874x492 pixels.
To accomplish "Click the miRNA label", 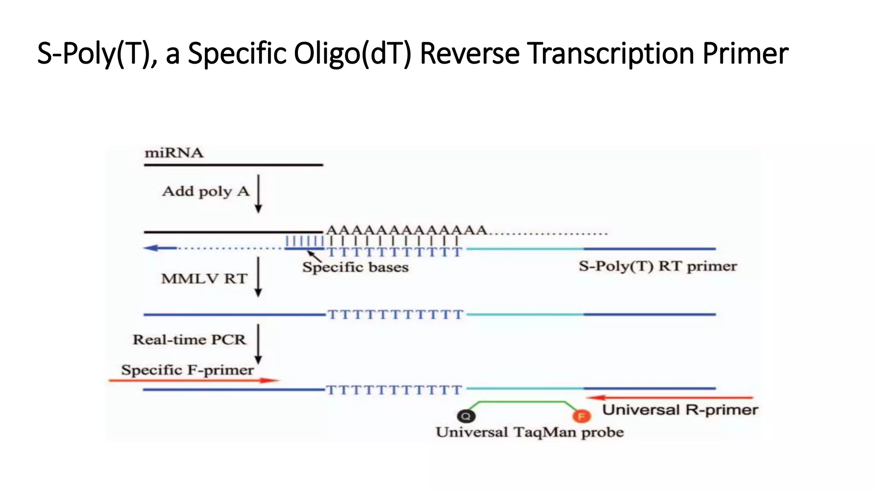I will coord(174,153).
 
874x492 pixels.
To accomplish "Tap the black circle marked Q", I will coord(466,416).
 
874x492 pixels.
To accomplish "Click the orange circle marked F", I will coord(581,416).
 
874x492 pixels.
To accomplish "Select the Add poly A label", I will coord(206,191).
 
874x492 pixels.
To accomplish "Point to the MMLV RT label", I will coord(204,279).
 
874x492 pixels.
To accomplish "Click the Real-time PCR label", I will coord(189,340).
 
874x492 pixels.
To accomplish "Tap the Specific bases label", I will coord(355,267).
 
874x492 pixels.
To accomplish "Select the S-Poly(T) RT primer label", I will coord(658,266).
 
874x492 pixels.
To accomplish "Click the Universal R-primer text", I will coord(680,410).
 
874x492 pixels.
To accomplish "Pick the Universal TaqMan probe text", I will coord(530,432).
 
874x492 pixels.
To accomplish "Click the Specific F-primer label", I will coord(187,370).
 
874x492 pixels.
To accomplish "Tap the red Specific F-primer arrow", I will coord(194,380).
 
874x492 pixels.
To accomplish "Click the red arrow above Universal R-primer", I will coord(670,398).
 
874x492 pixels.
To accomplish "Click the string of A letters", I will coord(406,230).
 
